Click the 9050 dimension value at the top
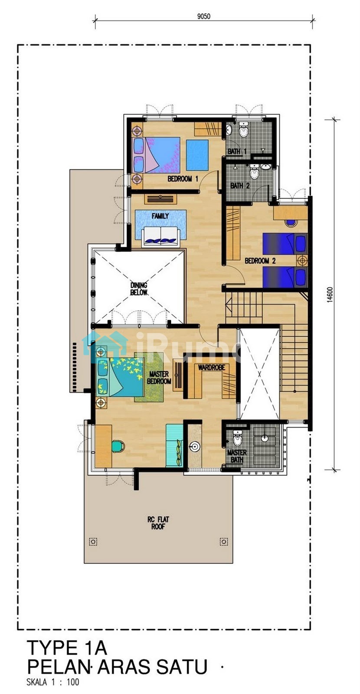203,16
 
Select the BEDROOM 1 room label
183,179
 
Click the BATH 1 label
237,151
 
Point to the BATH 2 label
240,186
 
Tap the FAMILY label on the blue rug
160,216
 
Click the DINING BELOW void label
138,289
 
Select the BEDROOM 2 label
260,261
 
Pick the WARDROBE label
211,367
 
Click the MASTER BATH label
237,456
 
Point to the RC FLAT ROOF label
158,523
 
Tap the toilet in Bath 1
244,130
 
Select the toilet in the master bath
237,437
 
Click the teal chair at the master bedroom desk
118,445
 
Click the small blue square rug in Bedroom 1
197,155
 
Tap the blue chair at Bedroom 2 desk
290,223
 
